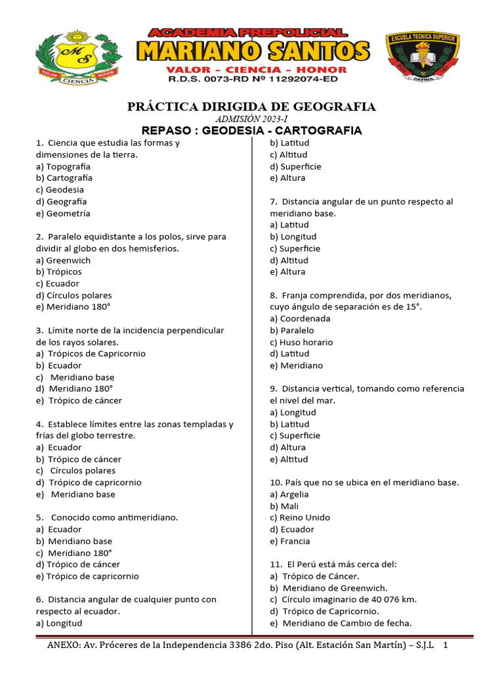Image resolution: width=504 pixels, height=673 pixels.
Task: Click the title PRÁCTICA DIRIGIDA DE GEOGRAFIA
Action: (x=251, y=106)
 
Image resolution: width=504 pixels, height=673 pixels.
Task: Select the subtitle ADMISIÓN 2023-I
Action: (x=252, y=119)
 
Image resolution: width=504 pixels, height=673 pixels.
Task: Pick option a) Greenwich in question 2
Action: (x=64, y=260)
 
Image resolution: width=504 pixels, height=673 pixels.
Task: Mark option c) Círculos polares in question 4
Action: (x=75, y=471)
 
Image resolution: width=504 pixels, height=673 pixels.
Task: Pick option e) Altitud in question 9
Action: (x=289, y=459)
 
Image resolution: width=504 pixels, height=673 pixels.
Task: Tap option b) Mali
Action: (x=284, y=506)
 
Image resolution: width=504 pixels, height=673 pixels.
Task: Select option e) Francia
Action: (x=289, y=542)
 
